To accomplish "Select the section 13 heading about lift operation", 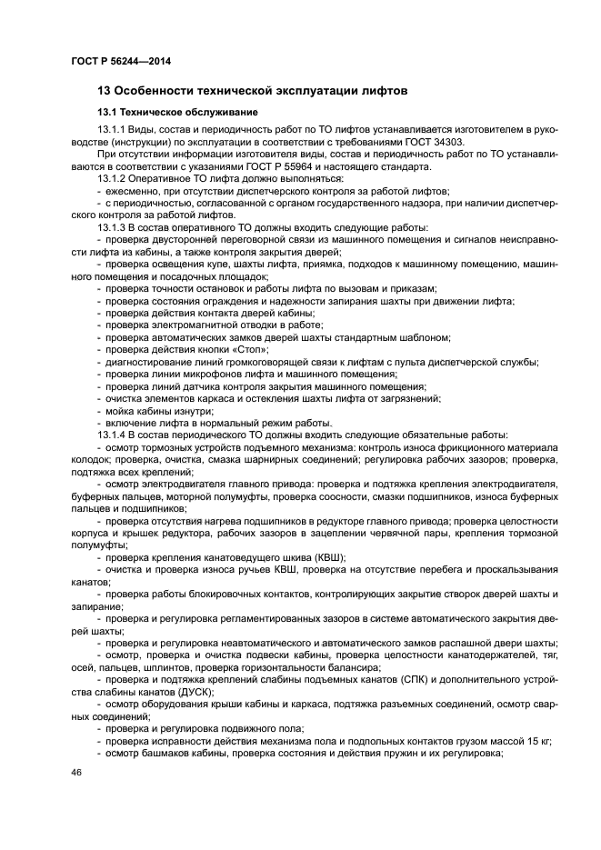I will pos(252,91).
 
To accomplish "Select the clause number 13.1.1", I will pos(112,131).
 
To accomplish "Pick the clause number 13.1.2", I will pos(112,179).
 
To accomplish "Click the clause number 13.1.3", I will pos(112,226).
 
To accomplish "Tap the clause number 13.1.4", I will pos(112,435).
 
